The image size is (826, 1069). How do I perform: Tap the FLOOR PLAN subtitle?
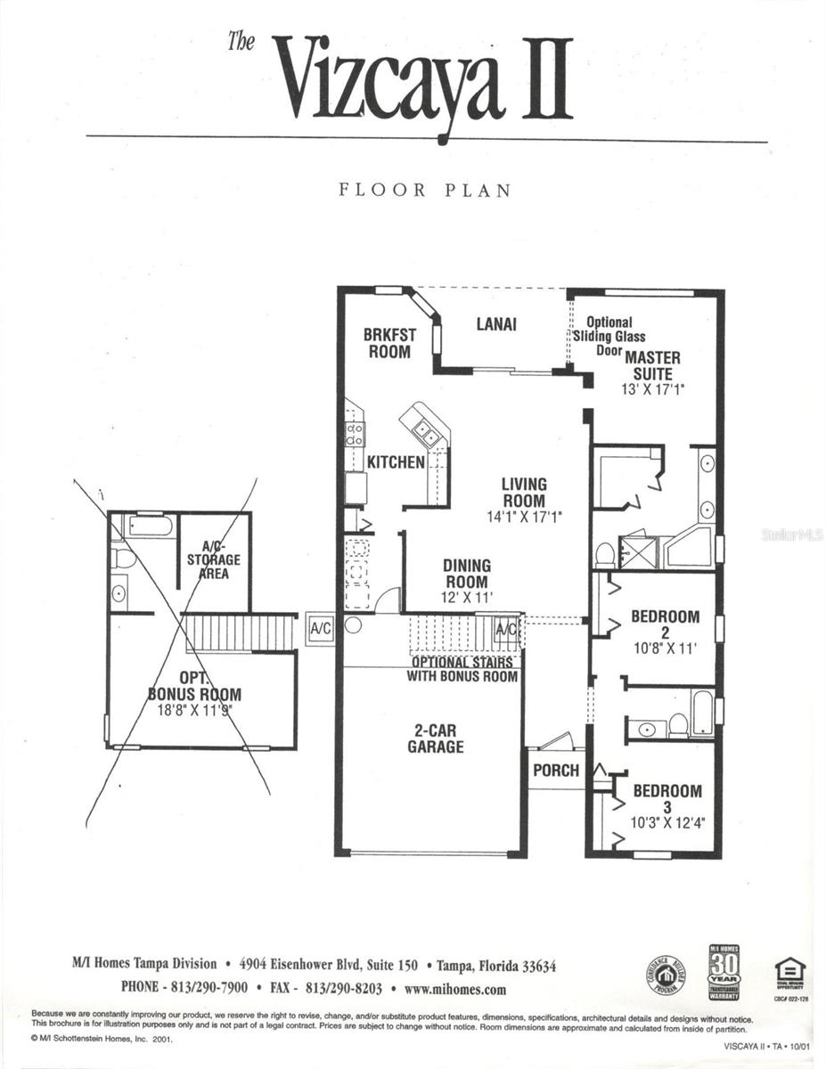pyautogui.click(x=425, y=190)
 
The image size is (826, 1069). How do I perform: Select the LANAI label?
pyautogui.click(x=496, y=324)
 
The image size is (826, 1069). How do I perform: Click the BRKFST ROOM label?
pyautogui.click(x=389, y=343)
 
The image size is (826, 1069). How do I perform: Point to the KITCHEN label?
pyautogui.click(x=396, y=462)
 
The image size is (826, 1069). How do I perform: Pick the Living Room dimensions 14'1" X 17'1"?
pyautogui.click(x=524, y=516)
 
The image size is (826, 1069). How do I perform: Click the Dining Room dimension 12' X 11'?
pyautogui.click(x=467, y=598)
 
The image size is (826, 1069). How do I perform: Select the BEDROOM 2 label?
pyautogui.click(x=665, y=624)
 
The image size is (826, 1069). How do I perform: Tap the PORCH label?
pyautogui.click(x=555, y=770)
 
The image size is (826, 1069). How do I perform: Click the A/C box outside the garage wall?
pyautogui.click(x=320, y=628)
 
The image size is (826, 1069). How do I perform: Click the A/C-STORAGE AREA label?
pyautogui.click(x=213, y=560)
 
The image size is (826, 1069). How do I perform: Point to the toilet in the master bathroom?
pyautogui.click(x=604, y=555)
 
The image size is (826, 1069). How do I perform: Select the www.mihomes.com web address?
pyautogui.click(x=454, y=989)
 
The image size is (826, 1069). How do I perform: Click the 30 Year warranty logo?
pyautogui.click(x=724, y=973)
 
